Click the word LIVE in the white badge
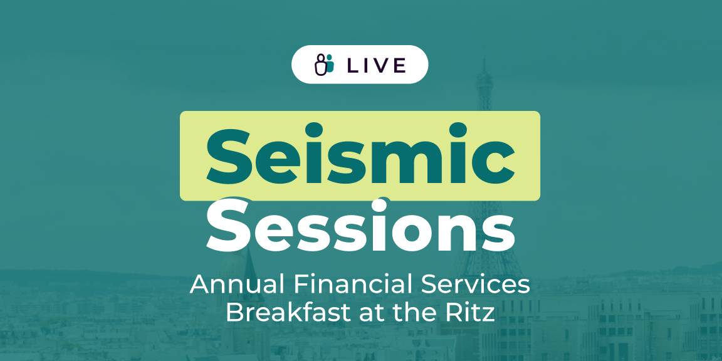pyautogui.click(x=377, y=65)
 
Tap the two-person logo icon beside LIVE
pyautogui.click(x=323, y=64)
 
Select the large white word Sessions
pyautogui.click(x=360, y=225)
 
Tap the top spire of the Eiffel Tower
pyautogui.click(x=484, y=65)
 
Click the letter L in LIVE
pyautogui.click(x=353, y=65)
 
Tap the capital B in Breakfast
pyautogui.click(x=233, y=312)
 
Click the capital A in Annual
pyautogui.click(x=199, y=285)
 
